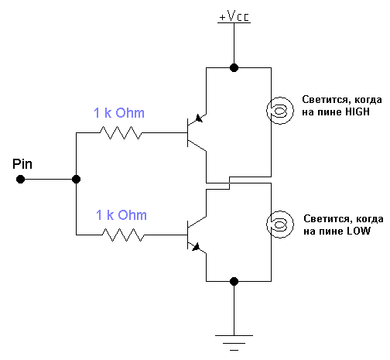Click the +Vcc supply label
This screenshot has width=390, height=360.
coord(234,16)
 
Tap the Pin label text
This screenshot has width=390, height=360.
coord(22,164)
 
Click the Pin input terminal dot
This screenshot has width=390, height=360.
coord(20,179)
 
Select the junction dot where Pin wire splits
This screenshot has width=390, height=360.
coord(76,179)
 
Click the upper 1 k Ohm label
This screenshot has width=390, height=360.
coord(119,113)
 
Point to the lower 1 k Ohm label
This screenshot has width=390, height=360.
coord(121,214)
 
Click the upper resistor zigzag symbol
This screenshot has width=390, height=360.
coord(121,132)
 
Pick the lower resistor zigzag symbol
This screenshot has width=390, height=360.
coord(123,235)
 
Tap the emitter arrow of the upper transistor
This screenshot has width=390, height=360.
coord(199,118)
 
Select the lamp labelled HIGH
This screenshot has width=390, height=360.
coord(280,111)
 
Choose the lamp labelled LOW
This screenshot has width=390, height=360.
coord(280,225)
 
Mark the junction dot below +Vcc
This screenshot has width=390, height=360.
coord(234,68)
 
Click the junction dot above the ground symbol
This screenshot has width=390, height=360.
coord(234,281)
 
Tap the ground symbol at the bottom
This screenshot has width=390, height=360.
coord(234,343)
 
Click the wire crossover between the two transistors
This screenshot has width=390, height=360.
coord(229,183)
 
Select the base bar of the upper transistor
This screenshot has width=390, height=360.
coord(188,132)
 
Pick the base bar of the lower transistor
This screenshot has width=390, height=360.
coord(188,235)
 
